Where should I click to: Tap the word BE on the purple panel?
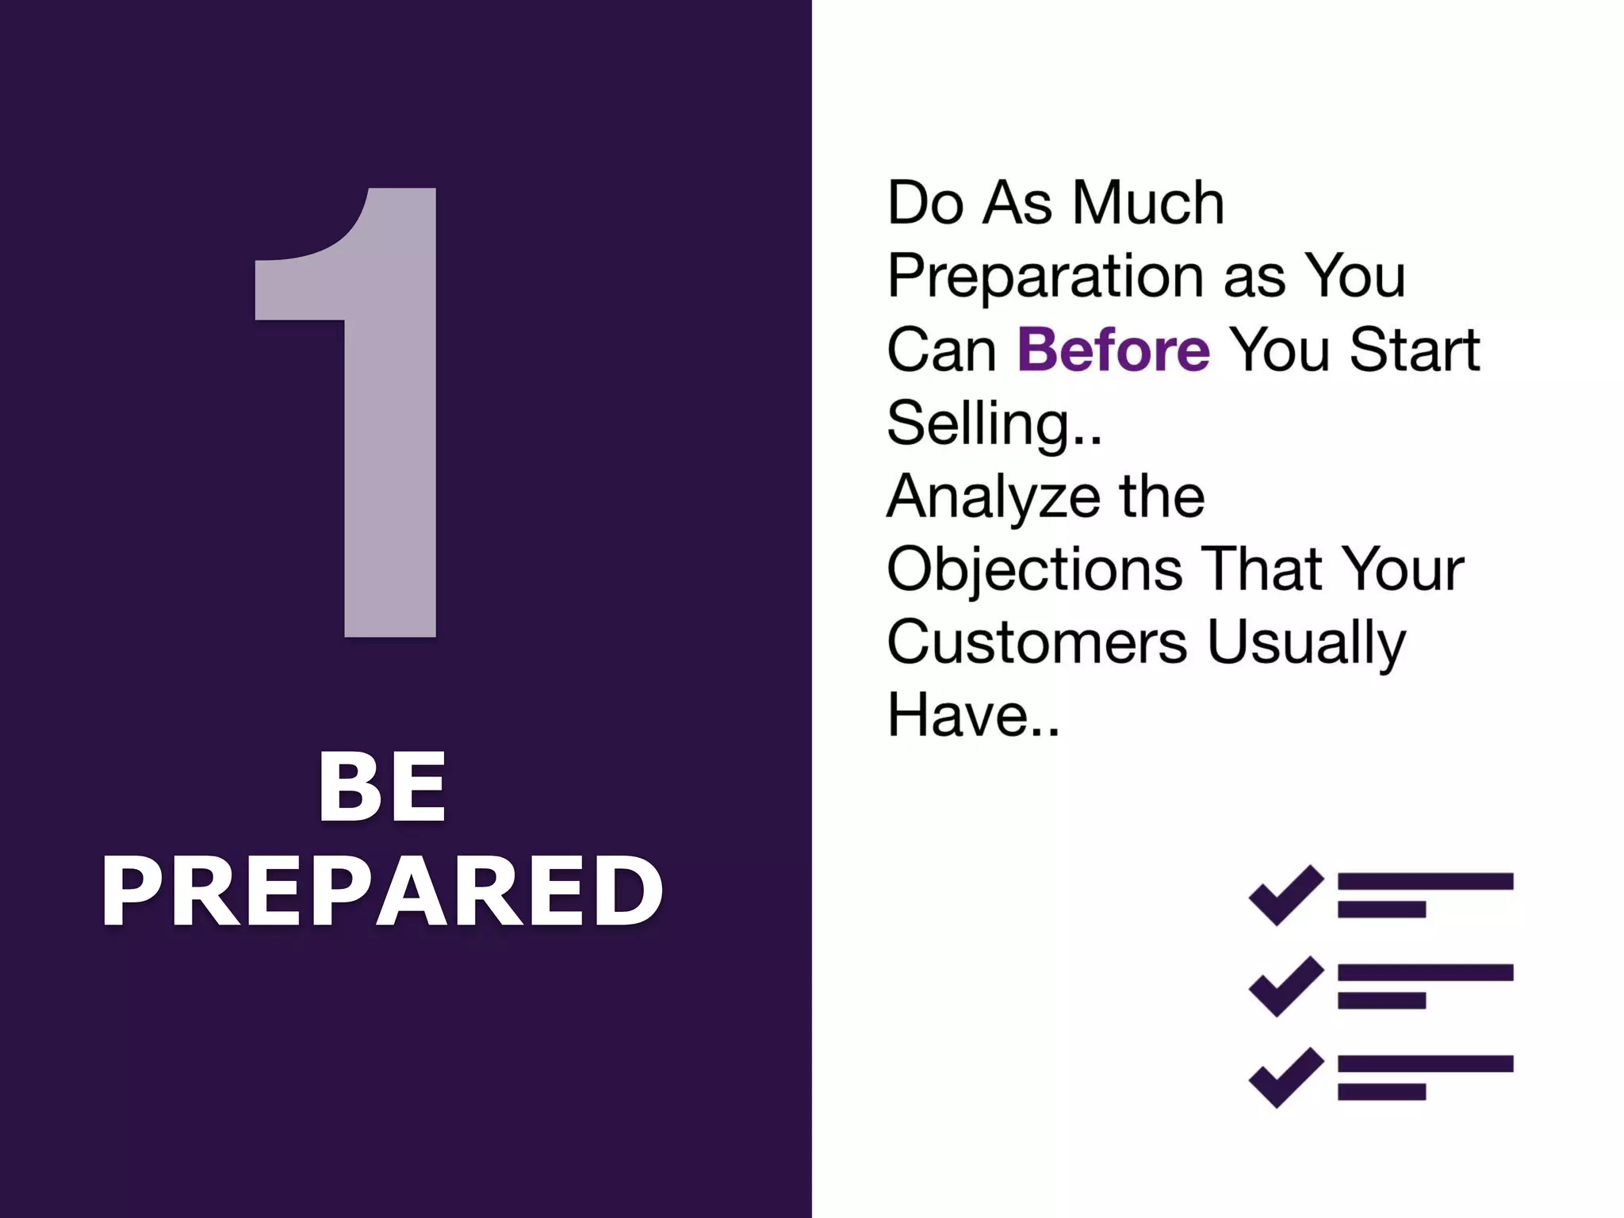[x=382, y=787]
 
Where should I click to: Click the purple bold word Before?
[x=1113, y=350]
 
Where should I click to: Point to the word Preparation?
[x=1046, y=277]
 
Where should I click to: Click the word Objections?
[x=1034, y=569]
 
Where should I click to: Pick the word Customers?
[x=1036, y=642]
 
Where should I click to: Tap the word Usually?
[x=1305, y=642]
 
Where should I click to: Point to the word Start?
[x=1415, y=350]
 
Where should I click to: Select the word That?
[x=1263, y=569]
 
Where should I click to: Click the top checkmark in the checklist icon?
[x=1285, y=894]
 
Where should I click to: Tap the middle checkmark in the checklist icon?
[x=1285, y=986]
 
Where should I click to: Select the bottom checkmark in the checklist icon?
[x=1285, y=1077]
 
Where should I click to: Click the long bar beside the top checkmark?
[x=1425, y=881]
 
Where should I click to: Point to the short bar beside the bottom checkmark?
[x=1381, y=1092]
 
